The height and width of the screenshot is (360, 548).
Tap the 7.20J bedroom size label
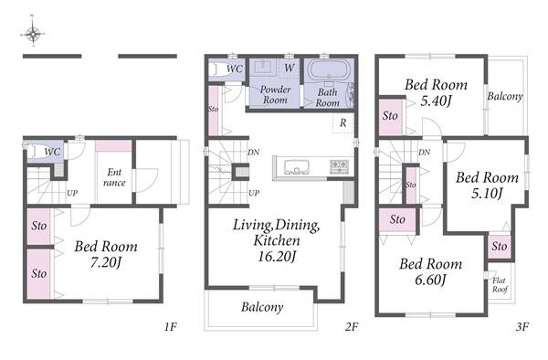[106, 262]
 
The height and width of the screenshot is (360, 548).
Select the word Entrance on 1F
[114, 177]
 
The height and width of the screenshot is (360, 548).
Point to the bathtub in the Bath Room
[329, 70]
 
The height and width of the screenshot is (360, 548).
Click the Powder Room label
[276, 94]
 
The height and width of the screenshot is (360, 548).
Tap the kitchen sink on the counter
[297, 166]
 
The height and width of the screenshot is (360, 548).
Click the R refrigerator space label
[343, 122]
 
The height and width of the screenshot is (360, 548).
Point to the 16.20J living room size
[277, 257]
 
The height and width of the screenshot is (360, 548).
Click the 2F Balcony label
[262, 307]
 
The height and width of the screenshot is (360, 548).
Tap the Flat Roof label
[500, 285]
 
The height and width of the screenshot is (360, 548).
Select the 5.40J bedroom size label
[437, 101]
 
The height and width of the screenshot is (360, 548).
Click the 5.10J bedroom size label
[487, 193]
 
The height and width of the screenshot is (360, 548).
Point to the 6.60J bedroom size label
[430, 280]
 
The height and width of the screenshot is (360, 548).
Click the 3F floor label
[522, 327]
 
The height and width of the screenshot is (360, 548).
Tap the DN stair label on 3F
[425, 152]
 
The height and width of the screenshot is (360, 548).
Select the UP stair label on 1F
[72, 193]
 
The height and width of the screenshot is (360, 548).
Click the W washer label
[289, 68]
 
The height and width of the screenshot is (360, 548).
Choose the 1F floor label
[170, 327]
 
